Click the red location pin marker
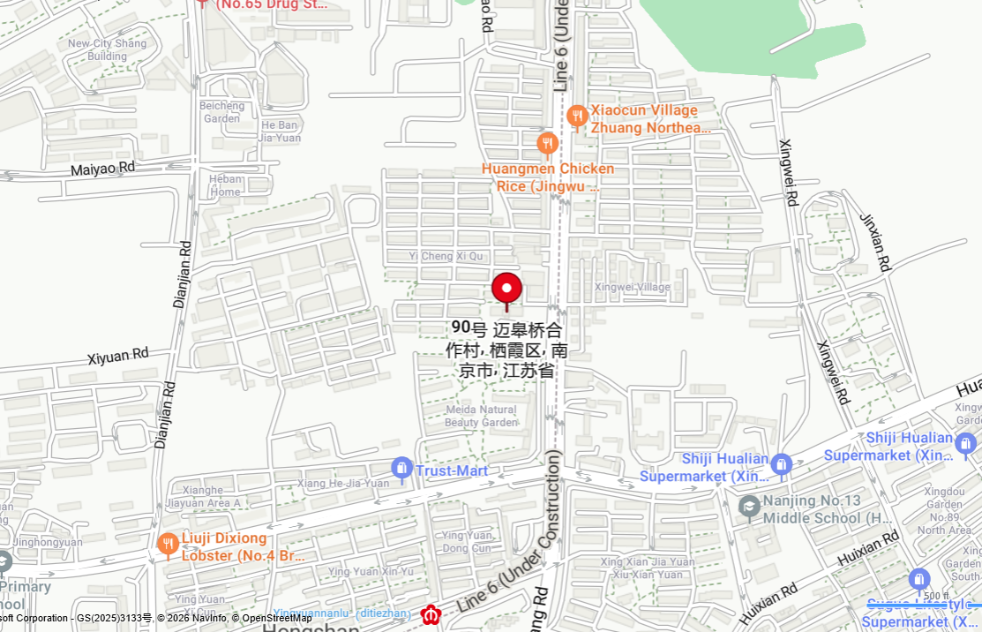coord(506,290)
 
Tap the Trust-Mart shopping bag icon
coord(402,469)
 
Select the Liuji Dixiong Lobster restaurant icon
coord(168,545)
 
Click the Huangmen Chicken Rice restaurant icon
coord(547,144)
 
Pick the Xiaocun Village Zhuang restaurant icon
coord(577,116)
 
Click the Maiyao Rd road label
coord(103,167)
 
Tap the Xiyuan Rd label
coord(119,357)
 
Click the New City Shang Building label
coord(108,49)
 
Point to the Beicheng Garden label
coord(221,112)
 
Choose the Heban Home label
coord(226,185)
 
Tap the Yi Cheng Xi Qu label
coord(446,256)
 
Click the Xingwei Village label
coord(632,287)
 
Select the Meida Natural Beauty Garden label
coord(481,416)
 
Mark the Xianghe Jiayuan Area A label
coord(199,496)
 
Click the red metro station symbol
coord(431,614)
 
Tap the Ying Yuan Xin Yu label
coord(371,571)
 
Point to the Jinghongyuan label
coord(48,542)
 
